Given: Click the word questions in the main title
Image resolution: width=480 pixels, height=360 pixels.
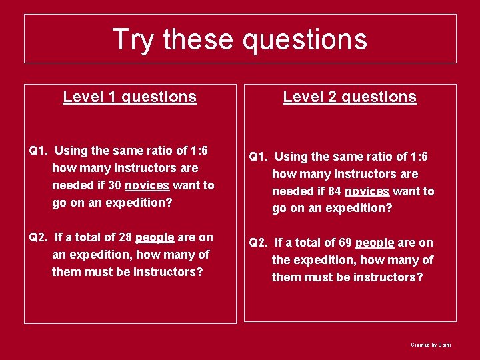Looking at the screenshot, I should click(x=305, y=39).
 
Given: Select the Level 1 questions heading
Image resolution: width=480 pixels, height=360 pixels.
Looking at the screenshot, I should click(x=130, y=97).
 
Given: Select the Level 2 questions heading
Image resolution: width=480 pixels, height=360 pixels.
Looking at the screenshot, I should click(x=350, y=97).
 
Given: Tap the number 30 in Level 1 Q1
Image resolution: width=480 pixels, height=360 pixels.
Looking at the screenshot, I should click(x=115, y=185).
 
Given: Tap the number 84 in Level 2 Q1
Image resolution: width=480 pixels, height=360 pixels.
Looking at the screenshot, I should click(x=335, y=191).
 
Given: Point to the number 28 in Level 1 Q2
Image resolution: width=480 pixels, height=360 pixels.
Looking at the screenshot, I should click(x=125, y=237).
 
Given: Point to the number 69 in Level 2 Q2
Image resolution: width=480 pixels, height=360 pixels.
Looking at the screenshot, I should click(x=345, y=243).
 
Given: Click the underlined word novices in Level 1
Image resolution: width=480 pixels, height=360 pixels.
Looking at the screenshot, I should click(x=147, y=185).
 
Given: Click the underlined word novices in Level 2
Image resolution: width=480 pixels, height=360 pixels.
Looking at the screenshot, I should click(x=367, y=191).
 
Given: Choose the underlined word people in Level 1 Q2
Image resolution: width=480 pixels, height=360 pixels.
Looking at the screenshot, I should click(x=155, y=237).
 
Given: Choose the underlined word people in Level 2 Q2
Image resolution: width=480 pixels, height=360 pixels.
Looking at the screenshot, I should click(x=375, y=243).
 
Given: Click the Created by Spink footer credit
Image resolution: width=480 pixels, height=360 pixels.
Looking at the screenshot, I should click(x=431, y=345).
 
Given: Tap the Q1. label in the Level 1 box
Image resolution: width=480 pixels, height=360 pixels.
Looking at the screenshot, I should click(x=39, y=151).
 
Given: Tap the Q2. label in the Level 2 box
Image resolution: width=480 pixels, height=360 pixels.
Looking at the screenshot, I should click(x=259, y=243).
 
